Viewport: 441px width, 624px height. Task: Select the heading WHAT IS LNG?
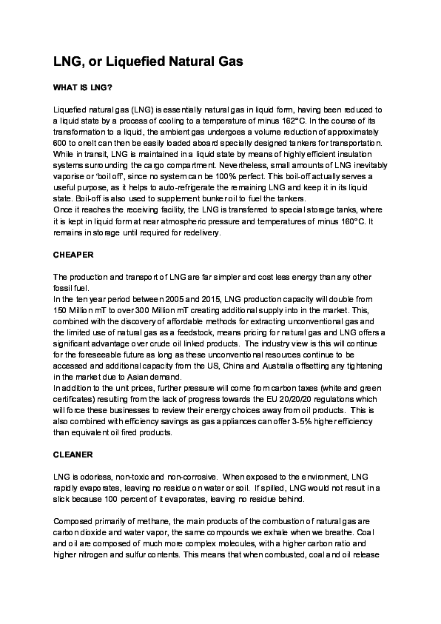[82, 87]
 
